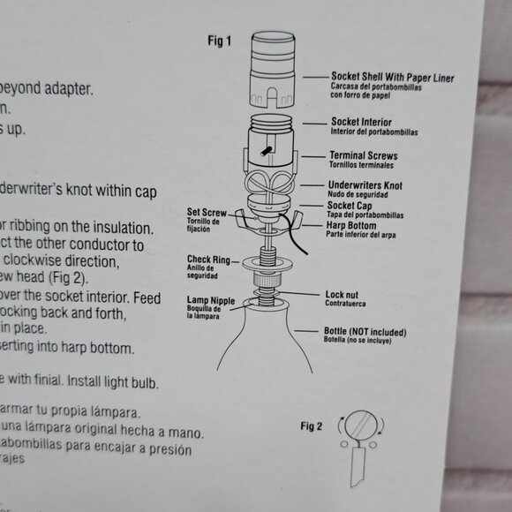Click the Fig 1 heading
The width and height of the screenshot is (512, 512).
tap(220, 41)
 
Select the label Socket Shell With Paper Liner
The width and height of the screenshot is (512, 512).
tap(392, 78)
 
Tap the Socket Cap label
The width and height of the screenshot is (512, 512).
tap(349, 205)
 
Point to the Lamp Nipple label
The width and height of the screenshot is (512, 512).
tap(209, 301)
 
